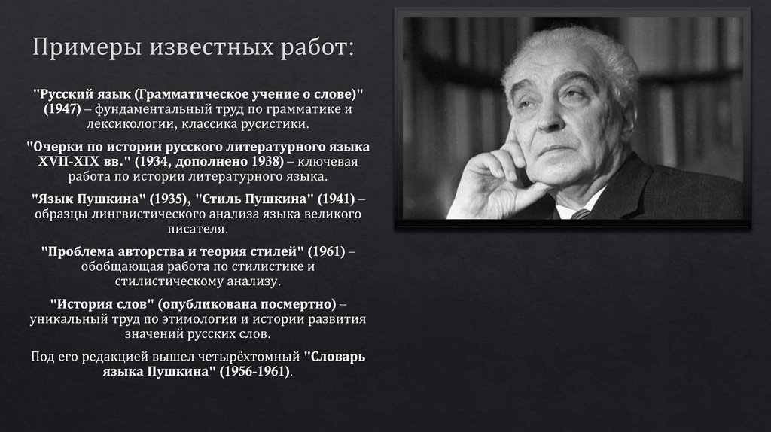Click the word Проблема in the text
tap(76, 252)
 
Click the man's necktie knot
tap(581, 214)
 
